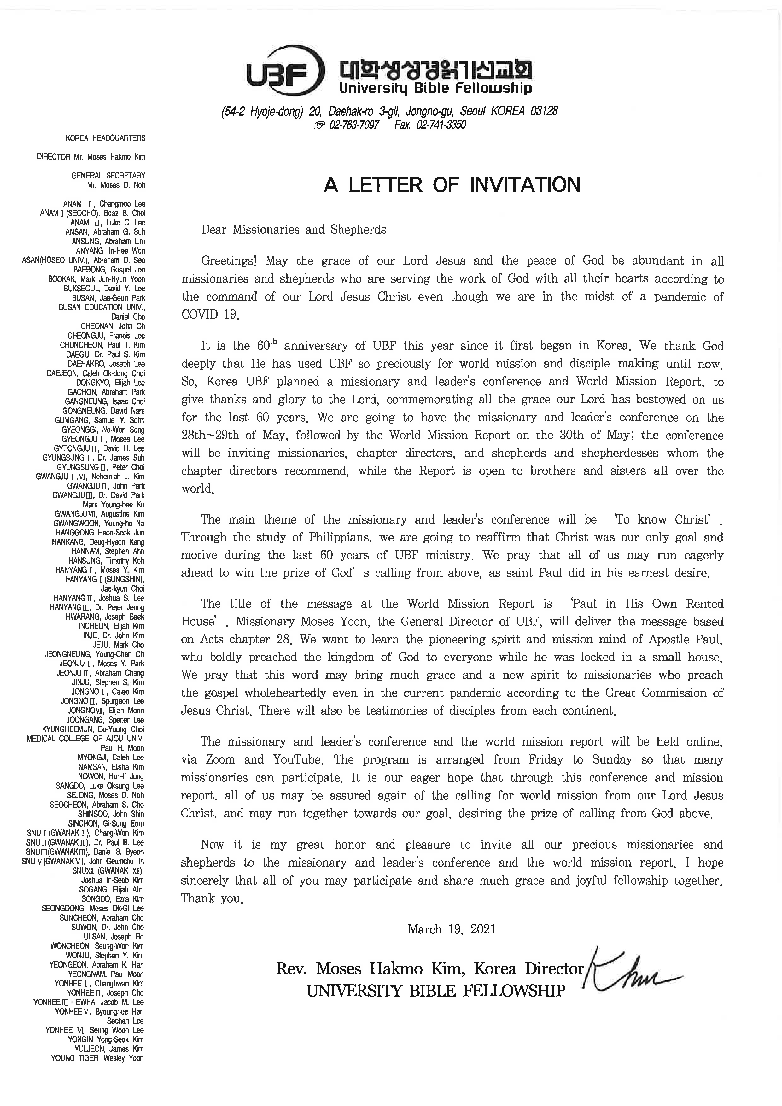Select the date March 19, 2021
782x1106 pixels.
(x=452, y=929)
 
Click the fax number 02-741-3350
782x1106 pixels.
(x=441, y=125)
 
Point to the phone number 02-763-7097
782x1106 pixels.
(x=354, y=125)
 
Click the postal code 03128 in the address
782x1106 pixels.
(x=544, y=111)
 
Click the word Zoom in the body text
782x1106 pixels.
(x=220, y=760)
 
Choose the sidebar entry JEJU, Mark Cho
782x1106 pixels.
(x=119, y=645)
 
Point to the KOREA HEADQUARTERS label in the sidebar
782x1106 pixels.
(x=105, y=138)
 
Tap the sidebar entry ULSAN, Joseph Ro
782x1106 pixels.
(x=114, y=936)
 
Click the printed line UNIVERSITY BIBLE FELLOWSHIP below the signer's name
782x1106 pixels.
(x=436, y=991)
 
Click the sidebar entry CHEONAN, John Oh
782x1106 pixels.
(x=113, y=326)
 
